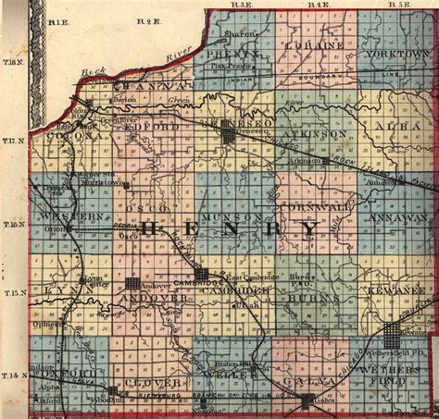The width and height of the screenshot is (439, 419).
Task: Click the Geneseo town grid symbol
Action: click(x=228, y=136)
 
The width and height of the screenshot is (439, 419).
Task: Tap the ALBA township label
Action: click(x=399, y=125)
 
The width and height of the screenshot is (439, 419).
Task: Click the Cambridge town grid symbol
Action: click(x=201, y=274)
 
